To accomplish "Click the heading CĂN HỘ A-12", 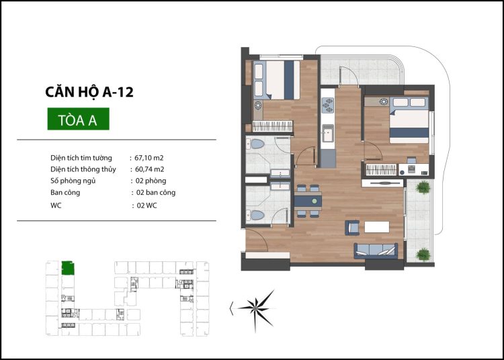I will [x=88, y=92].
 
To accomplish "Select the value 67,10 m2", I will [x=150, y=157].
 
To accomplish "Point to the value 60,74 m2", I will [x=150, y=169].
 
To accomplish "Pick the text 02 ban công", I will [x=156, y=193].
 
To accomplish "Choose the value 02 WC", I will [x=146, y=206].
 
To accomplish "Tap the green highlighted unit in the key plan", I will [x=68, y=268].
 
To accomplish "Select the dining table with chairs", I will [x=308, y=199].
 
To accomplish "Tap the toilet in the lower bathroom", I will [x=256, y=215].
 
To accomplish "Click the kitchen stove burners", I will [x=328, y=105].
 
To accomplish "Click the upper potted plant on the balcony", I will [x=423, y=187].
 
